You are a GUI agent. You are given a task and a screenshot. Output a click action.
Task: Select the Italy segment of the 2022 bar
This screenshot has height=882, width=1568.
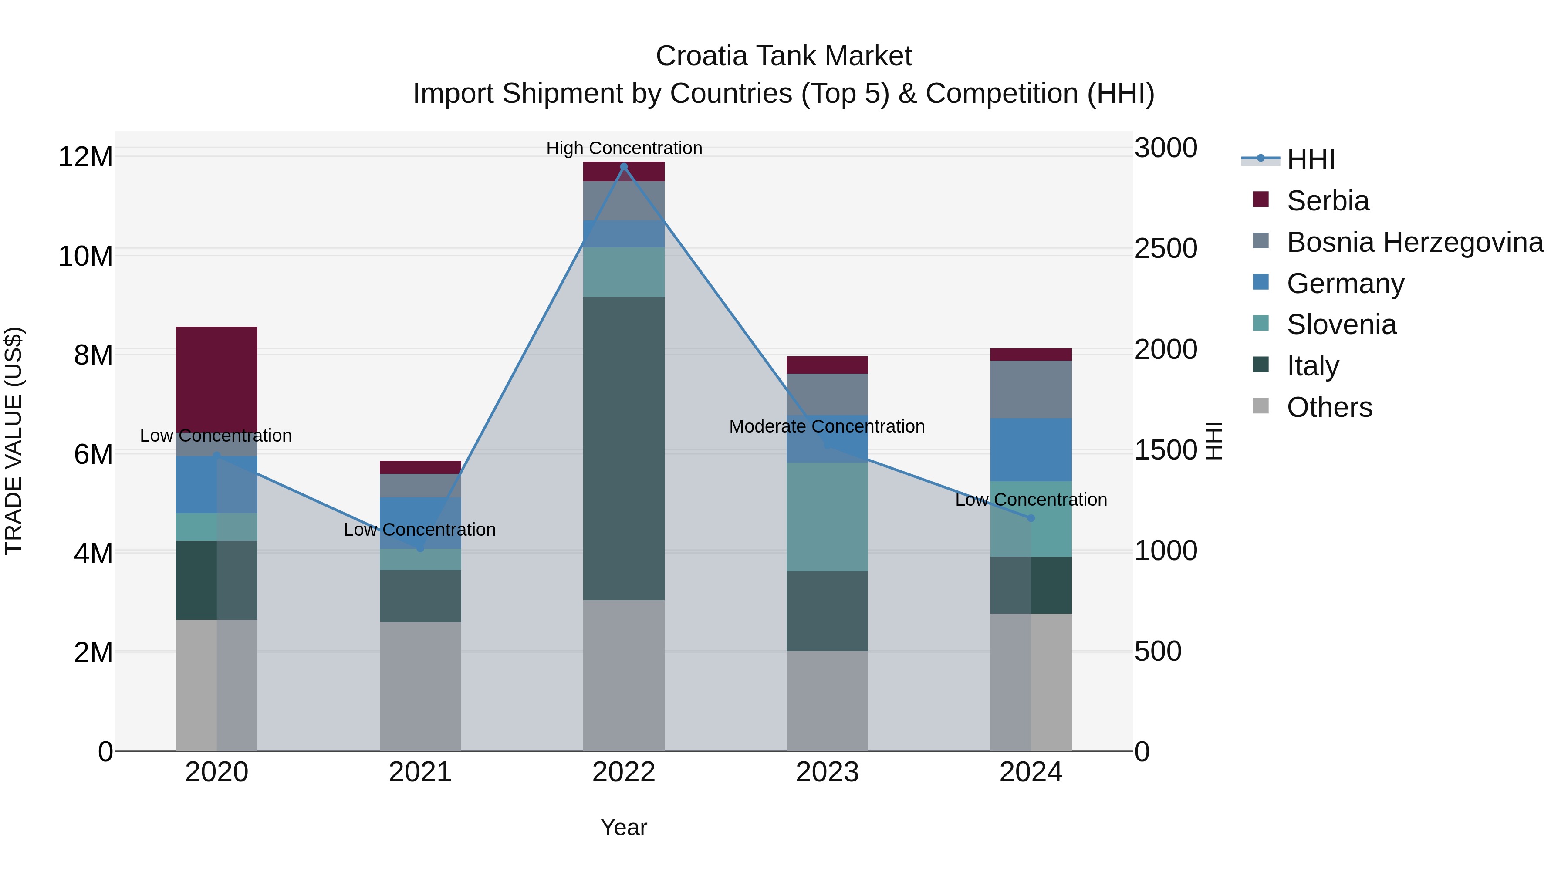coord(623,449)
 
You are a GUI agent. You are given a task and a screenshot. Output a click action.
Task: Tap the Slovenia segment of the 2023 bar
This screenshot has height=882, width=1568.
coord(827,517)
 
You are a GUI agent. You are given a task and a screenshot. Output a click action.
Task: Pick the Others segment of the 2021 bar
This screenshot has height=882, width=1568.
coord(420,686)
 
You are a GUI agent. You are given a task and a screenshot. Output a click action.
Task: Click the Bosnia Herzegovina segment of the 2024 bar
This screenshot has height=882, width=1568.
coord(1031,389)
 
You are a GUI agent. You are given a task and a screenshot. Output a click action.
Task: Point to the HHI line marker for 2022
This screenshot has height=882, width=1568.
coord(623,167)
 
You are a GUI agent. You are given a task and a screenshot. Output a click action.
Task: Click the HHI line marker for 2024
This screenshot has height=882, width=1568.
coord(1031,518)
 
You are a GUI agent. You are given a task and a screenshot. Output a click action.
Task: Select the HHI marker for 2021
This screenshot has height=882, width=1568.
coord(420,548)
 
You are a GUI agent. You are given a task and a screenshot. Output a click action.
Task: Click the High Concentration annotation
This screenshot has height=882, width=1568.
coord(624,148)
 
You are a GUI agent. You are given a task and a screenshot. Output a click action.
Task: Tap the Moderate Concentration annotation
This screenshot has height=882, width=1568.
coord(827,426)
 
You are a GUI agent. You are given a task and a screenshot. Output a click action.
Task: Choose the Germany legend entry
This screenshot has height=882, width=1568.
coord(1345,284)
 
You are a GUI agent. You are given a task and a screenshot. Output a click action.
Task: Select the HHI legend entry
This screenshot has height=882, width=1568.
coord(1311,159)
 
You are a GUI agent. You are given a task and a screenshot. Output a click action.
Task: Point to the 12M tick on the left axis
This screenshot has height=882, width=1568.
coord(85,157)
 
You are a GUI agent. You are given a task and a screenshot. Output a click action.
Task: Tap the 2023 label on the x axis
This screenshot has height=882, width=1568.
coord(827,772)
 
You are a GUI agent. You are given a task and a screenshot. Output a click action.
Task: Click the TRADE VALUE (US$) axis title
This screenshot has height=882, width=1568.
coord(14,441)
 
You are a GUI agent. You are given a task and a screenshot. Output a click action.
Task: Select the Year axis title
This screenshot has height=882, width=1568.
coord(623,827)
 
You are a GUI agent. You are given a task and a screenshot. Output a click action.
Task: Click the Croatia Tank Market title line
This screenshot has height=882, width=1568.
coord(784,56)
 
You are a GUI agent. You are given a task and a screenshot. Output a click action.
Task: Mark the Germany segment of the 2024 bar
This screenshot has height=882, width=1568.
coord(1031,450)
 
